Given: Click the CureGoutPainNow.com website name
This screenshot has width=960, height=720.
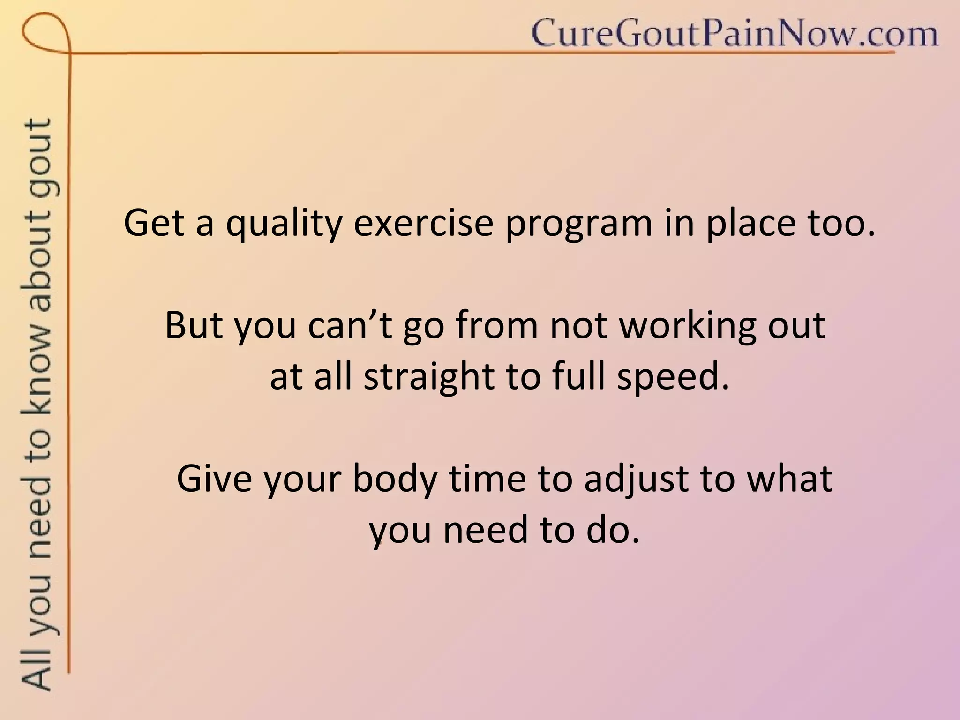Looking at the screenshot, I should pos(735,34).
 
